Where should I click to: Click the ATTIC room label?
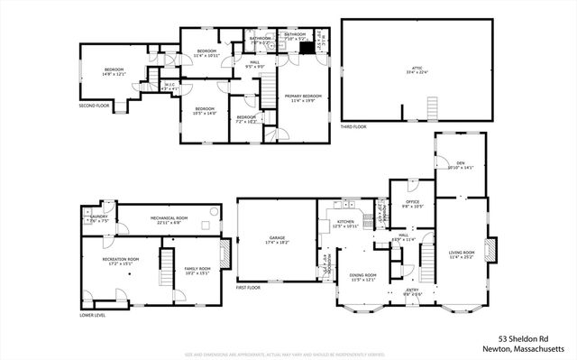tap(417, 69)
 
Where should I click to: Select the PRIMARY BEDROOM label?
tap(303, 97)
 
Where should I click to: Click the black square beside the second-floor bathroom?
tap(306, 48)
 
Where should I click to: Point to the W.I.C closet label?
tap(169, 88)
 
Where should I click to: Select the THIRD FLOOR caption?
tap(353, 126)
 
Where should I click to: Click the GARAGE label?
tap(276, 240)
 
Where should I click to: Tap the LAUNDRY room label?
tap(98, 218)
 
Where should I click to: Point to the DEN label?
tap(460, 164)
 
